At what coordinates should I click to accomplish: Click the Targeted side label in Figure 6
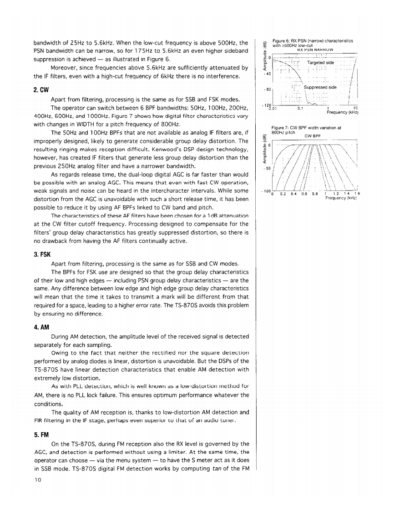pos(321,62)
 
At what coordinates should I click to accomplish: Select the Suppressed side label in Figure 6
pos(320,87)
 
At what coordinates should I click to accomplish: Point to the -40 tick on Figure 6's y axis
pos(268,73)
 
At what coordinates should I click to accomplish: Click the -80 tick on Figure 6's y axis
pos(268,89)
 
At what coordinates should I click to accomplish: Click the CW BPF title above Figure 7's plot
pos(313,135)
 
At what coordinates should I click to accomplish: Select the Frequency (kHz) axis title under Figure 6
pos(341,112)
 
